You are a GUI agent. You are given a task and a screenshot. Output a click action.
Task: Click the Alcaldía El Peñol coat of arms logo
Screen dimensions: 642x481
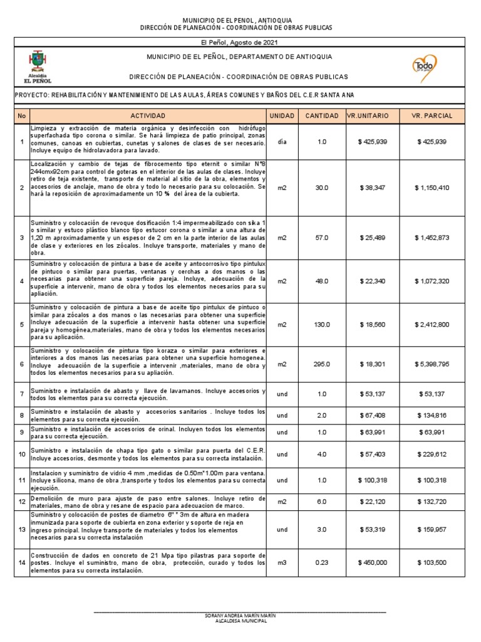[38, 65]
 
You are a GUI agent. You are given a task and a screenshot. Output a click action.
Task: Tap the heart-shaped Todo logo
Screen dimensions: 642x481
[425, 66]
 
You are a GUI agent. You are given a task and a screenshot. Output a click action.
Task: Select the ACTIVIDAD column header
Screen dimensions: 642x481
[148, 117]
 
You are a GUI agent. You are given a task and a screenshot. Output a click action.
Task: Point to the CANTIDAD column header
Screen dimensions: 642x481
[322, 117]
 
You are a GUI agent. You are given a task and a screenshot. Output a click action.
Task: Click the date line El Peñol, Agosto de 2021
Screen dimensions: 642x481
[240, 42]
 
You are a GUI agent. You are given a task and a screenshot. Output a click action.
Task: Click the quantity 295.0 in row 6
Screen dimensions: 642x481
[322, 364]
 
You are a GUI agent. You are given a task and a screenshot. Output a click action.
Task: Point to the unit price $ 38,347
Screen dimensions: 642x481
[373, 187]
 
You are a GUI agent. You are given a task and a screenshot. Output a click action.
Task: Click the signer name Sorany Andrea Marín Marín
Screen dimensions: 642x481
[240, 616]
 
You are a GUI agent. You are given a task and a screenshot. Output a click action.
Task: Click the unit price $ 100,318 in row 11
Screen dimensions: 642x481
[373, 480]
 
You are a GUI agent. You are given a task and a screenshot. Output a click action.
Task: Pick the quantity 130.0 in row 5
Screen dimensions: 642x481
[322, 324]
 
